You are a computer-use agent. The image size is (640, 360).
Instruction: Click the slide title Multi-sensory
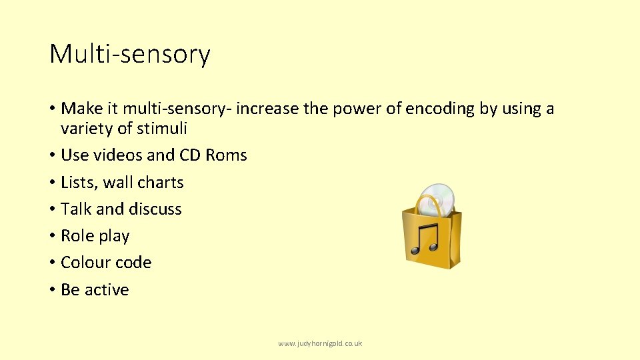(x=130, y=54)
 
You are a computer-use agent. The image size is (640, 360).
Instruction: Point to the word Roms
(x=227, y=155)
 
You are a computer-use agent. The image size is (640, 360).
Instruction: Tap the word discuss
(x=155, y=209)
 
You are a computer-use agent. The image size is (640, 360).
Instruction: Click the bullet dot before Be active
(x=52, y=290)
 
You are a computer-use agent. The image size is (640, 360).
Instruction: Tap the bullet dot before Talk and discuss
(x=52, y=209)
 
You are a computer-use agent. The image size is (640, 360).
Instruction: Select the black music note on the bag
(x=424, y=239)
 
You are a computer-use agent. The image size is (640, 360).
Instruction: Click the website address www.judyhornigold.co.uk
(x=320, y=343)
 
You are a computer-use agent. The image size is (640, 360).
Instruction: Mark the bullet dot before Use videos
(x=52, y=155)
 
